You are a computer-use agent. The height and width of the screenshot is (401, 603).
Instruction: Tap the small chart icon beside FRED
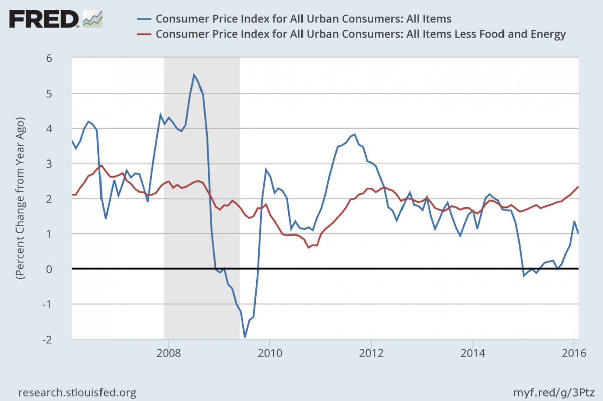click(93, 19)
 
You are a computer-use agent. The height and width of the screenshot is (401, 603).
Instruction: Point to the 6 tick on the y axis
click(63, 58)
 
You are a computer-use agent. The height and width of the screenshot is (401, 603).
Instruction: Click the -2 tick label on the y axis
click(61, 339)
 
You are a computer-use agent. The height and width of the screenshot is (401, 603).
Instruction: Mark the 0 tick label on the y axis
click(63, 269)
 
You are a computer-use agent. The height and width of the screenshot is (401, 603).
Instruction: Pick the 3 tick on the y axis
click(63, 164)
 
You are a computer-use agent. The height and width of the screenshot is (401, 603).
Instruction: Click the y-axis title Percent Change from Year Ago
click(21, 199)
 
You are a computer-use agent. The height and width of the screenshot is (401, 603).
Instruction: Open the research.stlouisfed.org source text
click(77, 392)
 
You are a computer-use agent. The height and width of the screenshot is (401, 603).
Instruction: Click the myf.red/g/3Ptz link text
click(557, 392)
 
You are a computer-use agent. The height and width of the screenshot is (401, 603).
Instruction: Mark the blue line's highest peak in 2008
click(194, 75)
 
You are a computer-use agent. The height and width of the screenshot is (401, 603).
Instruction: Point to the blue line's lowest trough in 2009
click(245, 337)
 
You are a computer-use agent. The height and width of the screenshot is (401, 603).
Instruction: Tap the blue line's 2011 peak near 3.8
click(354, 134)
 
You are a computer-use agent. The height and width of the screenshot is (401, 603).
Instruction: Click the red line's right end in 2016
click(578, 187)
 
